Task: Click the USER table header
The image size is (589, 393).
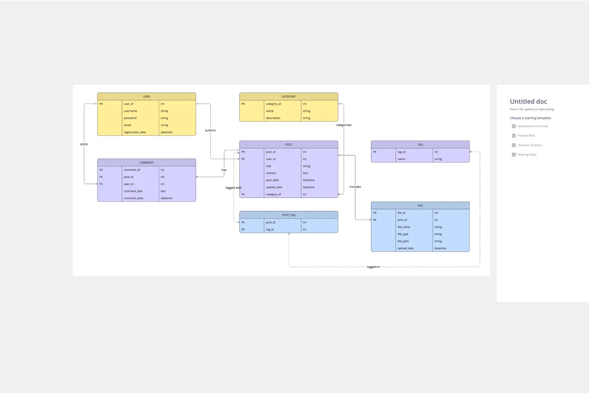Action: [x=146, y=97]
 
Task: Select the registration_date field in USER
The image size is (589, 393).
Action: [x=135, y=133]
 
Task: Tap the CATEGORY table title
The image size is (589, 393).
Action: [x=289, y=97]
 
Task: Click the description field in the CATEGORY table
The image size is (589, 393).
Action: [x=273, y=118]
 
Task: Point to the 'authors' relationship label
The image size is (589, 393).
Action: [x=210, y=131]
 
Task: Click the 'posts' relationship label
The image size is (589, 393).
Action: [x=84, y=144]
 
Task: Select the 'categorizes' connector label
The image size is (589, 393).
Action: [x=344, y=125]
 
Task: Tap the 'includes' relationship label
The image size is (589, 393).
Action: [x=355, y=187]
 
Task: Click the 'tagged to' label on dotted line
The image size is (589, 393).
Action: [x=373, y=267]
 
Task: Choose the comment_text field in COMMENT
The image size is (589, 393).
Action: [x=133, y=191]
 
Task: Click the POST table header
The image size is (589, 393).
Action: [x=289, y=144]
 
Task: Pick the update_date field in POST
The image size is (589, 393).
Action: [x=274, y=187]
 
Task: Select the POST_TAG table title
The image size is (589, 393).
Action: [x=289, y=215]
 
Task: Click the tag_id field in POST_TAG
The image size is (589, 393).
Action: [x=270, y=230]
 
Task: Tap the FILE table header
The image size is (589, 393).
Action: [x=420, y=205]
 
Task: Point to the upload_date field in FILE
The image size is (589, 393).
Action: [x=405, y=249]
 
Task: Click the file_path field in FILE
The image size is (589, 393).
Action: [x=403, y=241]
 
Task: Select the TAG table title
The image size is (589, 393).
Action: [x=420, y=144]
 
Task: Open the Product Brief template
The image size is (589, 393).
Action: [x=526, y=136]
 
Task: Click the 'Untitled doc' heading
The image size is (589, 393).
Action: [x=528, y=102]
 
